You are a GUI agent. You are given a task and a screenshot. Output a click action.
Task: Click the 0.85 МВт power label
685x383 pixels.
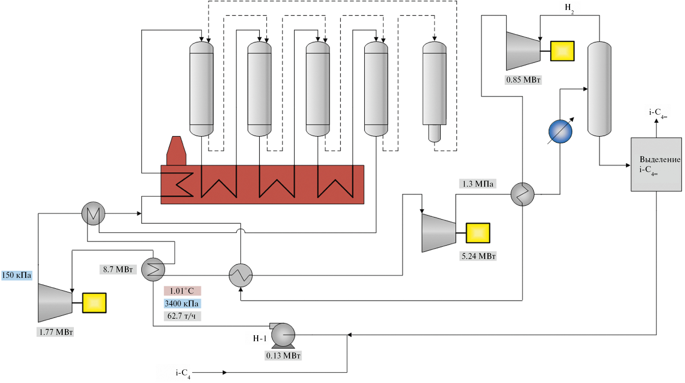pos(523,80)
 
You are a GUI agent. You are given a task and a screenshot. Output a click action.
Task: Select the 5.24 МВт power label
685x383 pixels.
pos(478,256)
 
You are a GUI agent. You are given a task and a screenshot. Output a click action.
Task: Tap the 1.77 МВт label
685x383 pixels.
pos(55,332)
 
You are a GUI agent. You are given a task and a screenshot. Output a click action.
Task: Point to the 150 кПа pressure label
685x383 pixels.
pos(17,275)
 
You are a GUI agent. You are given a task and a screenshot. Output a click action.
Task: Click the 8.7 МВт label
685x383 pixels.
pos(118,269)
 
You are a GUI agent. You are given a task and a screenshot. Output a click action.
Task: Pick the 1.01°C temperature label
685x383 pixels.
pos(182,291)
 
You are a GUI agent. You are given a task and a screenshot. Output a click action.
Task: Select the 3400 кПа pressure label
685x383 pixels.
pos(182,303)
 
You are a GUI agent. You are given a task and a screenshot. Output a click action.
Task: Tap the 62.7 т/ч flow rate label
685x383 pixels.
pos(182,316)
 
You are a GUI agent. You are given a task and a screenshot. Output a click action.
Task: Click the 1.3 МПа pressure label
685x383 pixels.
pos(478,184)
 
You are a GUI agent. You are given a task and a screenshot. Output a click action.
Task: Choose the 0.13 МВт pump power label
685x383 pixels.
pos(283,355)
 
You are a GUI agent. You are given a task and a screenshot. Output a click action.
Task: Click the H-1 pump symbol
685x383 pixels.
pos(283,335)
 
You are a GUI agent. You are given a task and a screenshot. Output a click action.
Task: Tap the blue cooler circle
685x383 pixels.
pos(560,132)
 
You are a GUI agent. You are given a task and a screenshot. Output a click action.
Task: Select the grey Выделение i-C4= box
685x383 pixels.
pos(656,164)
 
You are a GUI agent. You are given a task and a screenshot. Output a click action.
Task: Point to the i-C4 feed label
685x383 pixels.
pos(183,373)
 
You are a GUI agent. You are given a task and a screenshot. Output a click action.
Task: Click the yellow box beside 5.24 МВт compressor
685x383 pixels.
pos(478,233)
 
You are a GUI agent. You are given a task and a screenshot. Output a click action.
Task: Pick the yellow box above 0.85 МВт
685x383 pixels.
pos(562,51)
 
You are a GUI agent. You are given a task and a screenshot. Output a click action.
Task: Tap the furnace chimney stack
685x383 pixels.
pos(176,151)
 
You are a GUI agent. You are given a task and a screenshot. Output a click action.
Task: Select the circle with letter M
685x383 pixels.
pos(93,214)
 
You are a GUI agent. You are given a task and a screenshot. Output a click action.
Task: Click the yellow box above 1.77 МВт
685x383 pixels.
pos(94,303)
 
